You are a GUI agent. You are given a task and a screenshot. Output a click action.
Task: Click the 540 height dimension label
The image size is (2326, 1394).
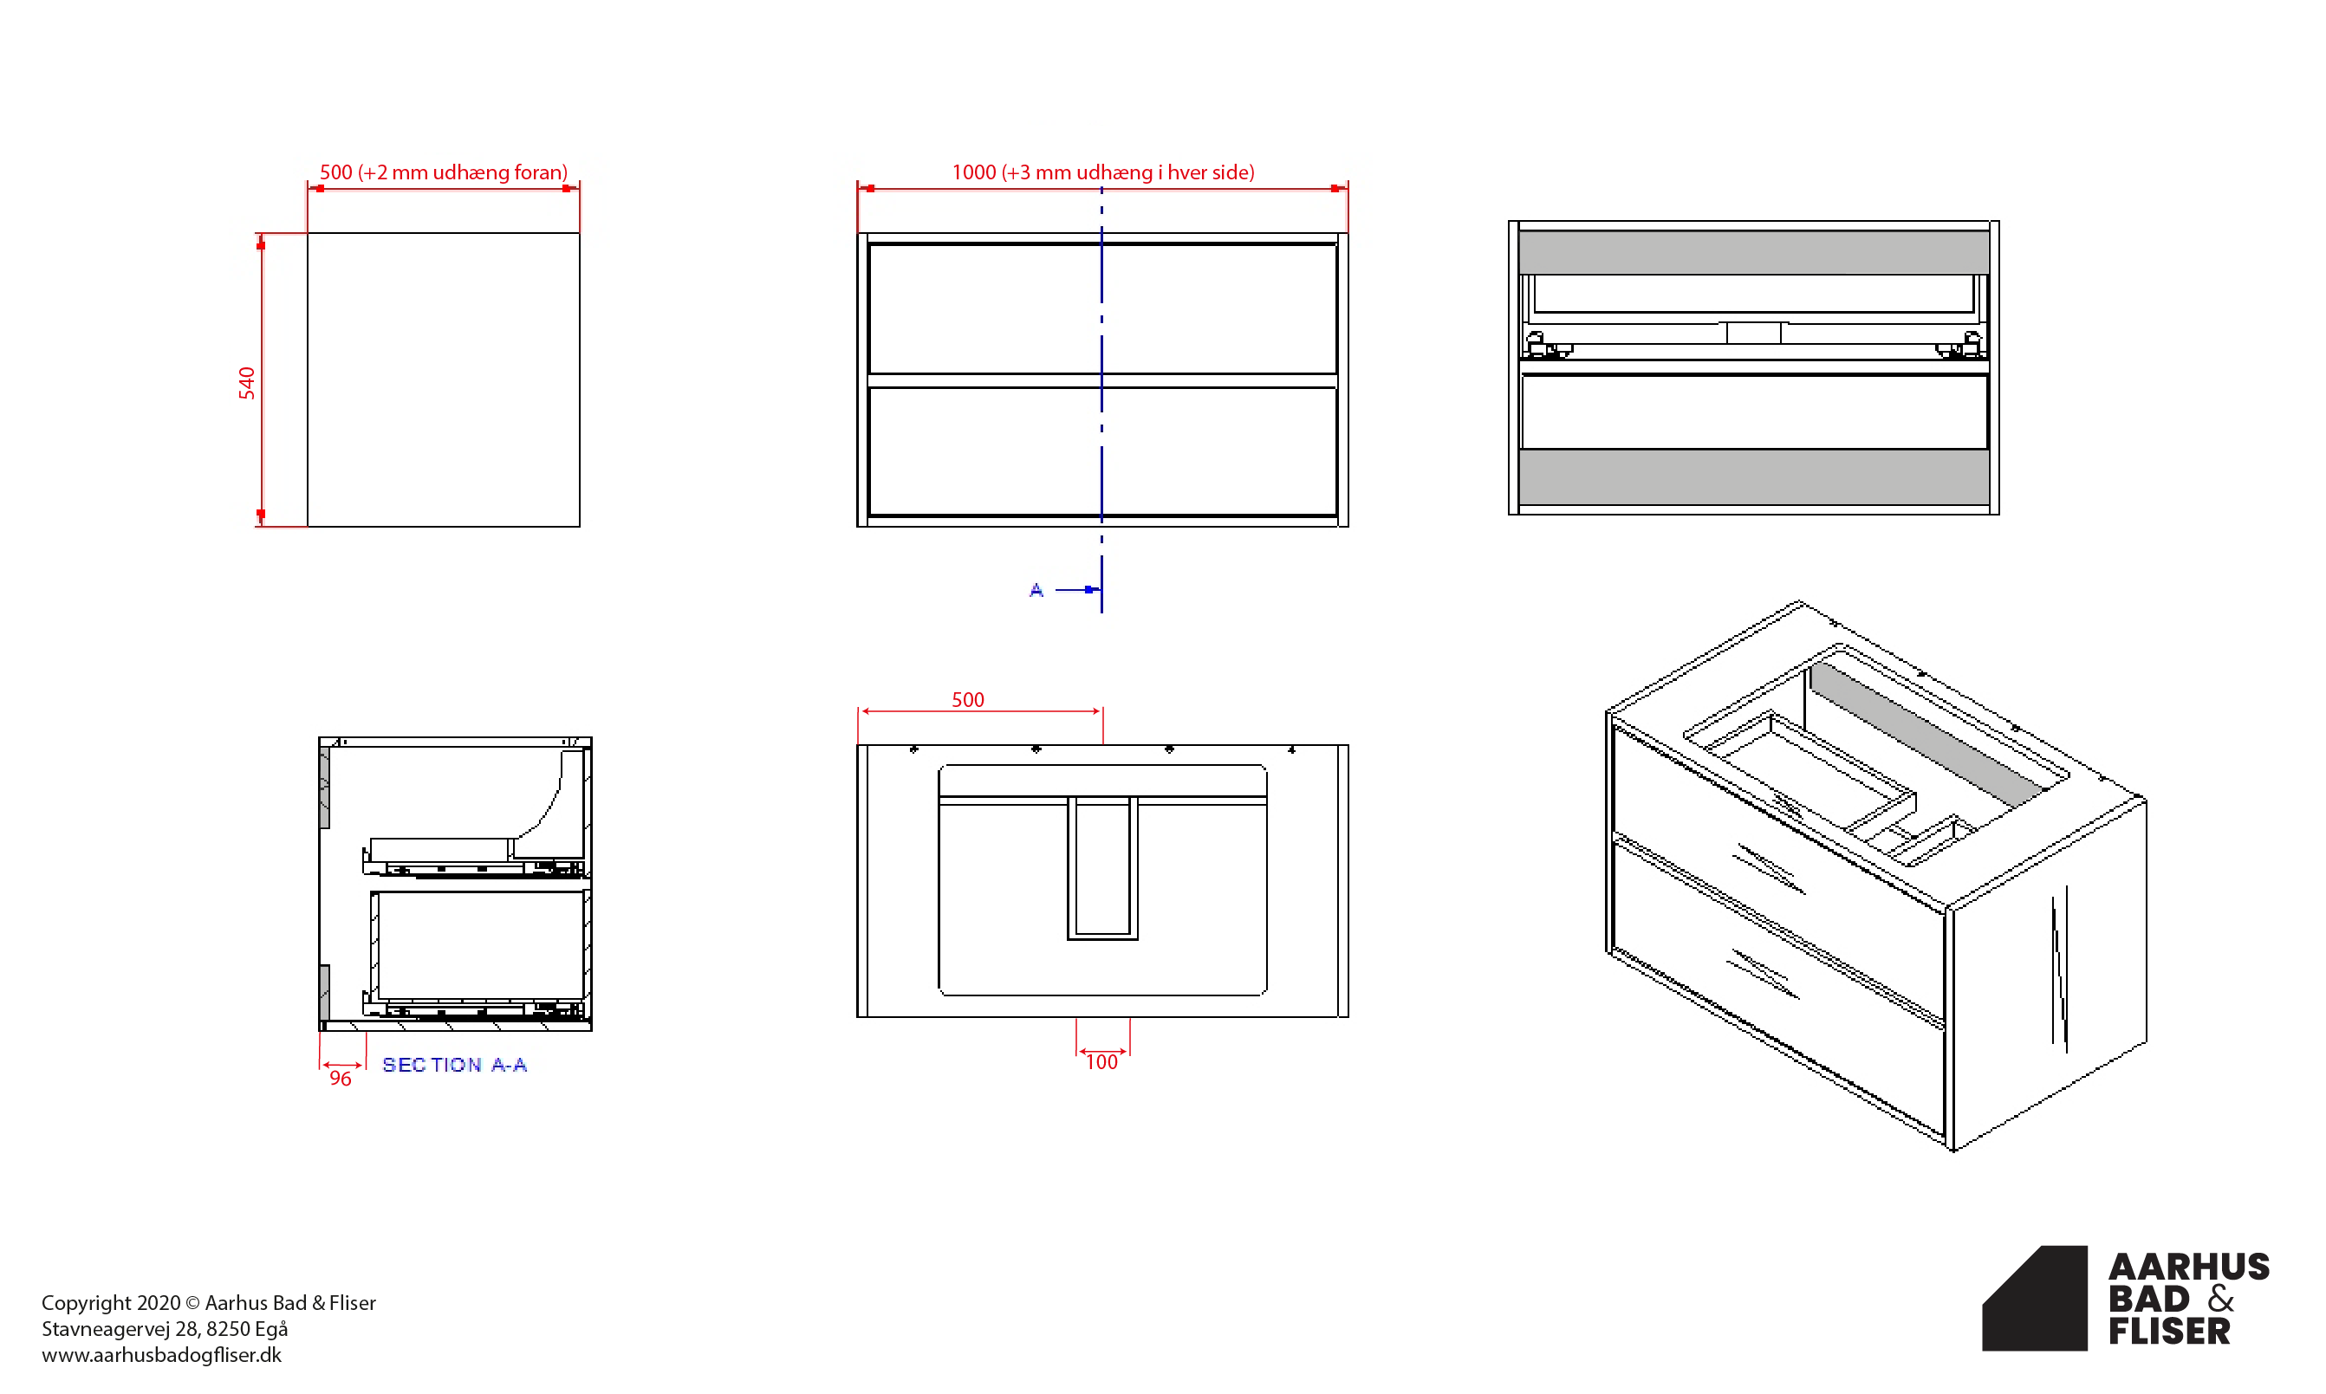coord(246,383)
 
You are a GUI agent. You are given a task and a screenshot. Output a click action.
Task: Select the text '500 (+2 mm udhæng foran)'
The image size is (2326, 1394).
coord(444,172)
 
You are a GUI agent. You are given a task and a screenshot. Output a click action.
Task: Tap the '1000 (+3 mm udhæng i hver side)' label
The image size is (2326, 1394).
coord(1103,172)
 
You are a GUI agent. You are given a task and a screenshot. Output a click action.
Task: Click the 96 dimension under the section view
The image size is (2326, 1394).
coord(340,1079)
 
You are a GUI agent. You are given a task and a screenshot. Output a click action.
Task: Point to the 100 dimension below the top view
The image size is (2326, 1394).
coord(1102,1062)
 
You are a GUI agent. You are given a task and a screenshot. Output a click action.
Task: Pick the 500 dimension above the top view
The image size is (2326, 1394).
coord(968,700)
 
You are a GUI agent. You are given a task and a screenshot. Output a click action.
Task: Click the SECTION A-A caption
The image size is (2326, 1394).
coord(455,1064)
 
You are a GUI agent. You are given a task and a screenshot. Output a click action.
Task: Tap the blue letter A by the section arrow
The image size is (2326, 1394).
coord(1036,590)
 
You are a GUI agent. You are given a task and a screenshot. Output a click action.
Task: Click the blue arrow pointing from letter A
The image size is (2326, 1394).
coord(1077,590)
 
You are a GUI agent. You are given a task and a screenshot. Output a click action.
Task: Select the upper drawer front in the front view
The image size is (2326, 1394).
coord(1103,309)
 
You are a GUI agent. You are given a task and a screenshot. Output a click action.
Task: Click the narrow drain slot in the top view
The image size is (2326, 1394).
coord(1103,867)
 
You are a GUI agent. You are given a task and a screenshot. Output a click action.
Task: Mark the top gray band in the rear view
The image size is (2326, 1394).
coord(1753,253)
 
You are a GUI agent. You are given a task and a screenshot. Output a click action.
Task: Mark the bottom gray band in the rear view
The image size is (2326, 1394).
coord(1753,477)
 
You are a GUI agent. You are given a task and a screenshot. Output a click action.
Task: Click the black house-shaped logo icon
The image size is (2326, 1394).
coord(2035,1298)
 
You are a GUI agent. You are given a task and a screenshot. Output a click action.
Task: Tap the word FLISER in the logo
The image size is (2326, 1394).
coord(2169,1331)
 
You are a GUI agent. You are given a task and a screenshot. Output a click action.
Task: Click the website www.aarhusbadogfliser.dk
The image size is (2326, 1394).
coord(161,1354)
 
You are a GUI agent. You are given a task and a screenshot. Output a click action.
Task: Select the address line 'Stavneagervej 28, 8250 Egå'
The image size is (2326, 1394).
coord(165,1328)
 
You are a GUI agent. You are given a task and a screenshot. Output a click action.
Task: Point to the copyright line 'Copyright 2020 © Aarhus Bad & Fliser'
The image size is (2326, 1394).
coord(209,1302)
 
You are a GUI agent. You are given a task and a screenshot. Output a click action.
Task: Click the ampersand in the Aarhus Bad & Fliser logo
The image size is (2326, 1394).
coord(2221,1298)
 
